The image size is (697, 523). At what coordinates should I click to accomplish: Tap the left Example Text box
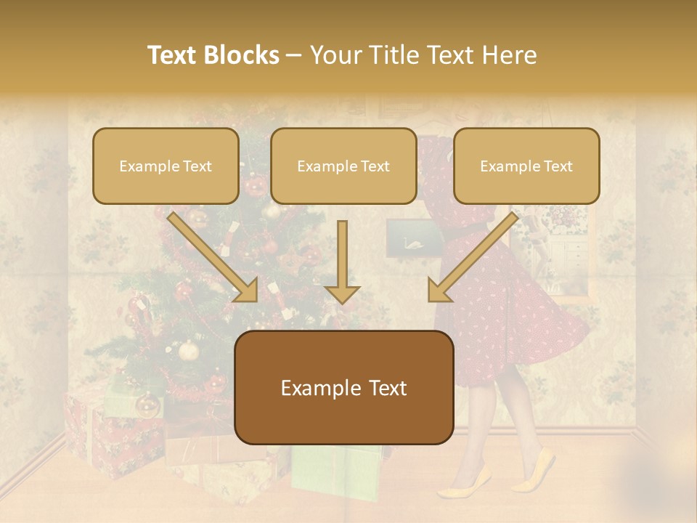[x=166, y=166]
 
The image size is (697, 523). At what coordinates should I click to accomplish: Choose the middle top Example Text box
[x=343, y=166]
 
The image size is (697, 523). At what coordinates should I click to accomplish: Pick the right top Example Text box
[x=526, y=166]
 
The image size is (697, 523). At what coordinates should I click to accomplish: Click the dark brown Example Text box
[x=343, y=387]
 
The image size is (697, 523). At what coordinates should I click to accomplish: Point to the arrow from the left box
[x=214, y=258]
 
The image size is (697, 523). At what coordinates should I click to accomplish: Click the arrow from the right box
[x=472, y=258]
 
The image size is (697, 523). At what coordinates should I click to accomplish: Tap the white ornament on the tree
[x=189, y=351]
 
